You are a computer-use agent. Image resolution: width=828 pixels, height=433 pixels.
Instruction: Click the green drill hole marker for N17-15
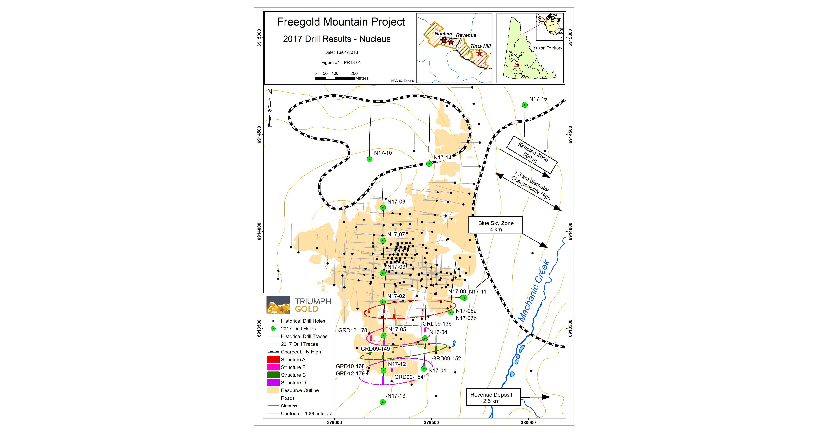click(525, 105)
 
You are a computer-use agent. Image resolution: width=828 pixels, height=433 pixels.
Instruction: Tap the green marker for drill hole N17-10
click(370, 159)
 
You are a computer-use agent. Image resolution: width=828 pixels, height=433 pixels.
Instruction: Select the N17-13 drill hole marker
click(383, 402)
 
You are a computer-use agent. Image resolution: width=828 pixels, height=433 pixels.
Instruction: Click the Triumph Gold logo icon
click(278, 305)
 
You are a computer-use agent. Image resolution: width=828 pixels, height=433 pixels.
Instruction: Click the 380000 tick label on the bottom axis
click(528, 422)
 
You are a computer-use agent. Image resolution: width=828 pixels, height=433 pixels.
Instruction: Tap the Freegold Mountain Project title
click(341, 22)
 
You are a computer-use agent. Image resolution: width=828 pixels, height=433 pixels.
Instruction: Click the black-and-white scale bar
click(335, 78)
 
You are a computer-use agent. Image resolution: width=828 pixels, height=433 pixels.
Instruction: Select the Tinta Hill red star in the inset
click(479, 53)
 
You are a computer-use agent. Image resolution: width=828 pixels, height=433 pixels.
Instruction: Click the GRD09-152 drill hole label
click(447, 358)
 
